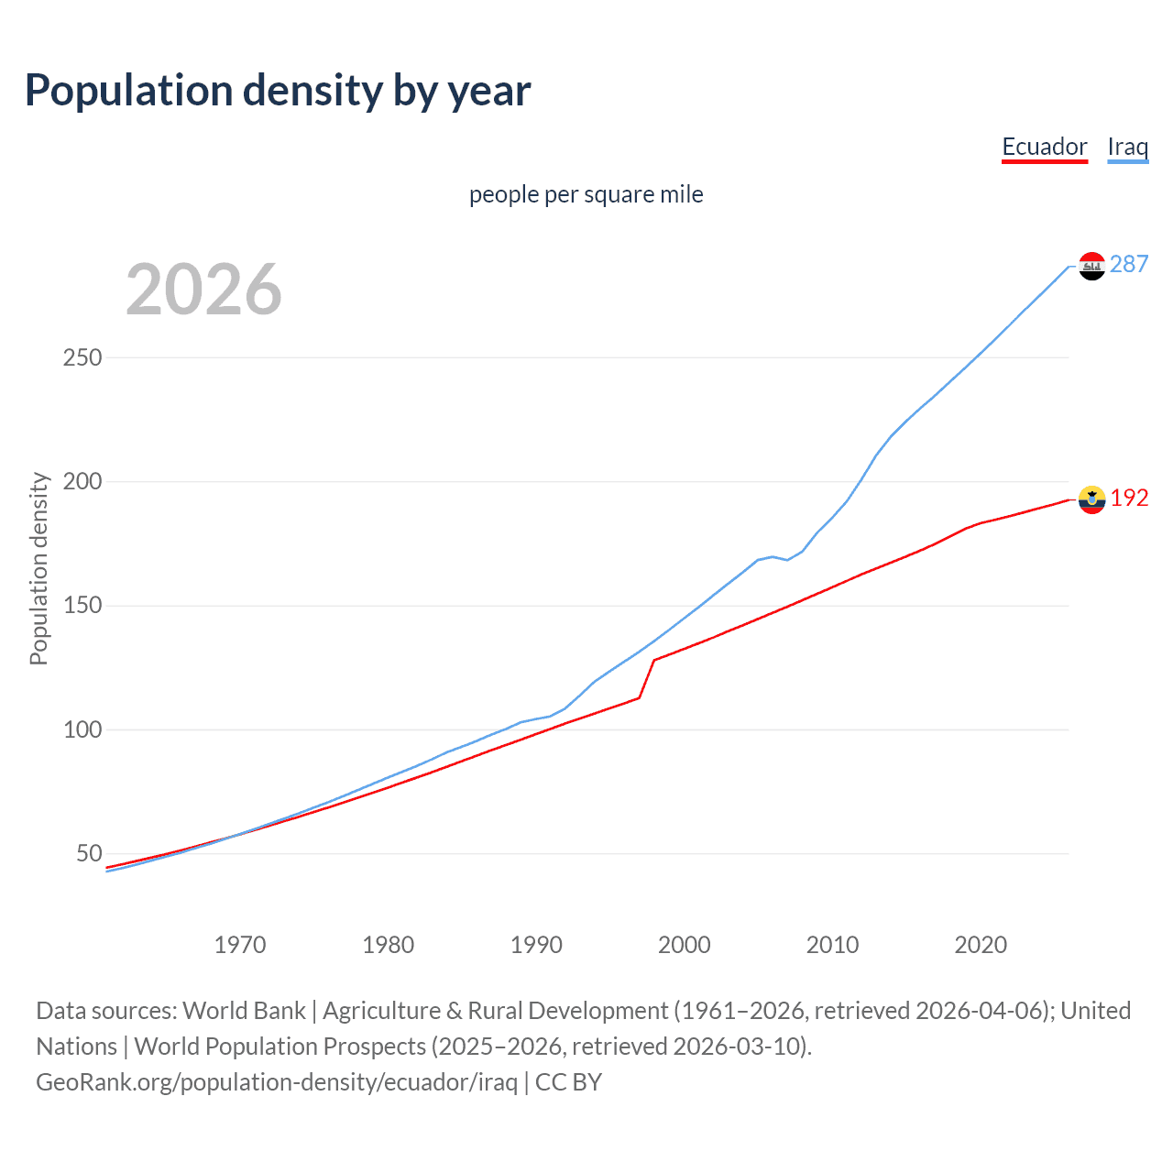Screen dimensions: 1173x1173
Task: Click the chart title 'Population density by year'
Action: coord(278,91)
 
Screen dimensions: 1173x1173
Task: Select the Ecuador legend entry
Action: coord(1044,147)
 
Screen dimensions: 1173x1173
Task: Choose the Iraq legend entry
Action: coord(1127,147)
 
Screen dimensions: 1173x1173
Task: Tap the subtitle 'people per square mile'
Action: coord(586,194)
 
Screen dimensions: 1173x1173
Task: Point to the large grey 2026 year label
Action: coord(203,290)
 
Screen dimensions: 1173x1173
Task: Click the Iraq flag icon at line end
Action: coord(1091,266)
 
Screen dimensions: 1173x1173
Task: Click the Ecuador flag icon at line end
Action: coord(1091,499)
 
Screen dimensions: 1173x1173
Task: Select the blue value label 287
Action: coord(1129,264)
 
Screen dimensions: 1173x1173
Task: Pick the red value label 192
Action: coord(1129,498)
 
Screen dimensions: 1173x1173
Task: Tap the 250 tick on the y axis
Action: coord(82,357)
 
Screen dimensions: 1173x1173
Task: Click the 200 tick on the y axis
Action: coord(82,481)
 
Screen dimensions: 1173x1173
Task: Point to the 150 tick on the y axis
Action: coord(82,606)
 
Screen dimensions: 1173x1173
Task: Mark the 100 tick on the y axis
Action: coord(82,729)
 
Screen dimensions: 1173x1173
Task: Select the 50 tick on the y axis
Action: coord(89,853)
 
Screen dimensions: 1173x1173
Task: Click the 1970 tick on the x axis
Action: coord(240,945)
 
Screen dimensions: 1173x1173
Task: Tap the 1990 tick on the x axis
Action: coord(536,945)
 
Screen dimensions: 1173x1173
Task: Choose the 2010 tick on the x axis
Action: coord(832,945)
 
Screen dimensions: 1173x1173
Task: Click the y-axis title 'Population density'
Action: coord(38,568)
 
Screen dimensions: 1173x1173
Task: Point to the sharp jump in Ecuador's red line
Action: coord(647,678)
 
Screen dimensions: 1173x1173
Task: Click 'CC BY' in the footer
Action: coord(568,1082)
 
